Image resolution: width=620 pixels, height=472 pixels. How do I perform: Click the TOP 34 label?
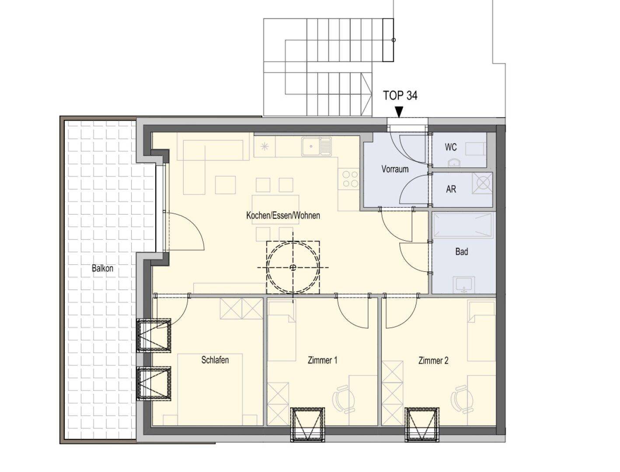coord(400,95)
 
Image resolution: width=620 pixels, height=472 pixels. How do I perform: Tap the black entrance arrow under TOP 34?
coord(399,112)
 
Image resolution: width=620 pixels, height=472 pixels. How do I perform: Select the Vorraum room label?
coord(395,169)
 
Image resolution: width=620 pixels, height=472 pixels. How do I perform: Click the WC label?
coord(450,147)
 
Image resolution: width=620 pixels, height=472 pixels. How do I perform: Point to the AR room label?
coord(451,189)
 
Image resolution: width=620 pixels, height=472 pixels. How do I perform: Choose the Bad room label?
coord(462,252)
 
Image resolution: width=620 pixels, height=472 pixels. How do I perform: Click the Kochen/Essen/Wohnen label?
coord(283,215)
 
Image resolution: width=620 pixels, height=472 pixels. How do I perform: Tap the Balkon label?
coord(103,268)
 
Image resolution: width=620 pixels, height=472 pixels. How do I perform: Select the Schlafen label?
coord(215,360)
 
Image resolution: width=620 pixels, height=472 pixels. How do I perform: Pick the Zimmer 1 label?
coord(322,361)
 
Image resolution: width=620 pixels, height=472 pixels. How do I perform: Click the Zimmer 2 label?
coord(433,361)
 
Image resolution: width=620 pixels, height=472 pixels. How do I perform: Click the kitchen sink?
coord(316,146)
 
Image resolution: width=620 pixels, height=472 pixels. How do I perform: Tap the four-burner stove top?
coord(351,179)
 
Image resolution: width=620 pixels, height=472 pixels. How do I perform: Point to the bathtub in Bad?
coord(463,225)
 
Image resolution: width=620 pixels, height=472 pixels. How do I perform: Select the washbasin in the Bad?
coord(464,285)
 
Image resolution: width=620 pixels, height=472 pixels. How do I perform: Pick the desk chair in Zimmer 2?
coord(462,399)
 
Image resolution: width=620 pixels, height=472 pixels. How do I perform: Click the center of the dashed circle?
coord(293,267)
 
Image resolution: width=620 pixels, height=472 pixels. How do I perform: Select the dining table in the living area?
coord(275,209)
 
